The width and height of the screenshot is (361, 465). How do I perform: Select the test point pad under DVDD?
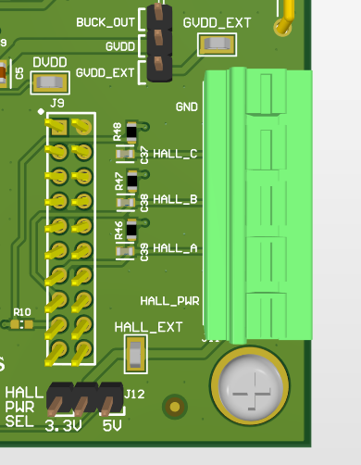click(x=48, y=83)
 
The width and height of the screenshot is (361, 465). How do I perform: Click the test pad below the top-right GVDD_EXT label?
click(x=218, y=44)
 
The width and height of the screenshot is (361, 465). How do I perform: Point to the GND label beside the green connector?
click(x=186, y=107)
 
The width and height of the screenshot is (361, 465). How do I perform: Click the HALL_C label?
click(x=175, y=153)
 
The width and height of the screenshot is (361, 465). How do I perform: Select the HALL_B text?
click(x=175, y=199)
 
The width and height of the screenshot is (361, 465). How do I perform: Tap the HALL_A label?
click(x=175, y=247)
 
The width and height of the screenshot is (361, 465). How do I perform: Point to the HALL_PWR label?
click(x=169, y=301)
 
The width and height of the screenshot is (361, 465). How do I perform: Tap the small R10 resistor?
click(x=24, y=324)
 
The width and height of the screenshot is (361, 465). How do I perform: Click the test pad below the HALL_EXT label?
click(x=136, y=353)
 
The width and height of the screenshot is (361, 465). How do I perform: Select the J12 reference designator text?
click(x=135, y=395)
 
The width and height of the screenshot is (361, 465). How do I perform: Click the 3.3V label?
click(x=62, y=425)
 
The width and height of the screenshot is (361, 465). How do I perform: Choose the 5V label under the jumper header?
click(x=112, y=425)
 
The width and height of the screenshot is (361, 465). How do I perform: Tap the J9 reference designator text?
click(x=56, y=103)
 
